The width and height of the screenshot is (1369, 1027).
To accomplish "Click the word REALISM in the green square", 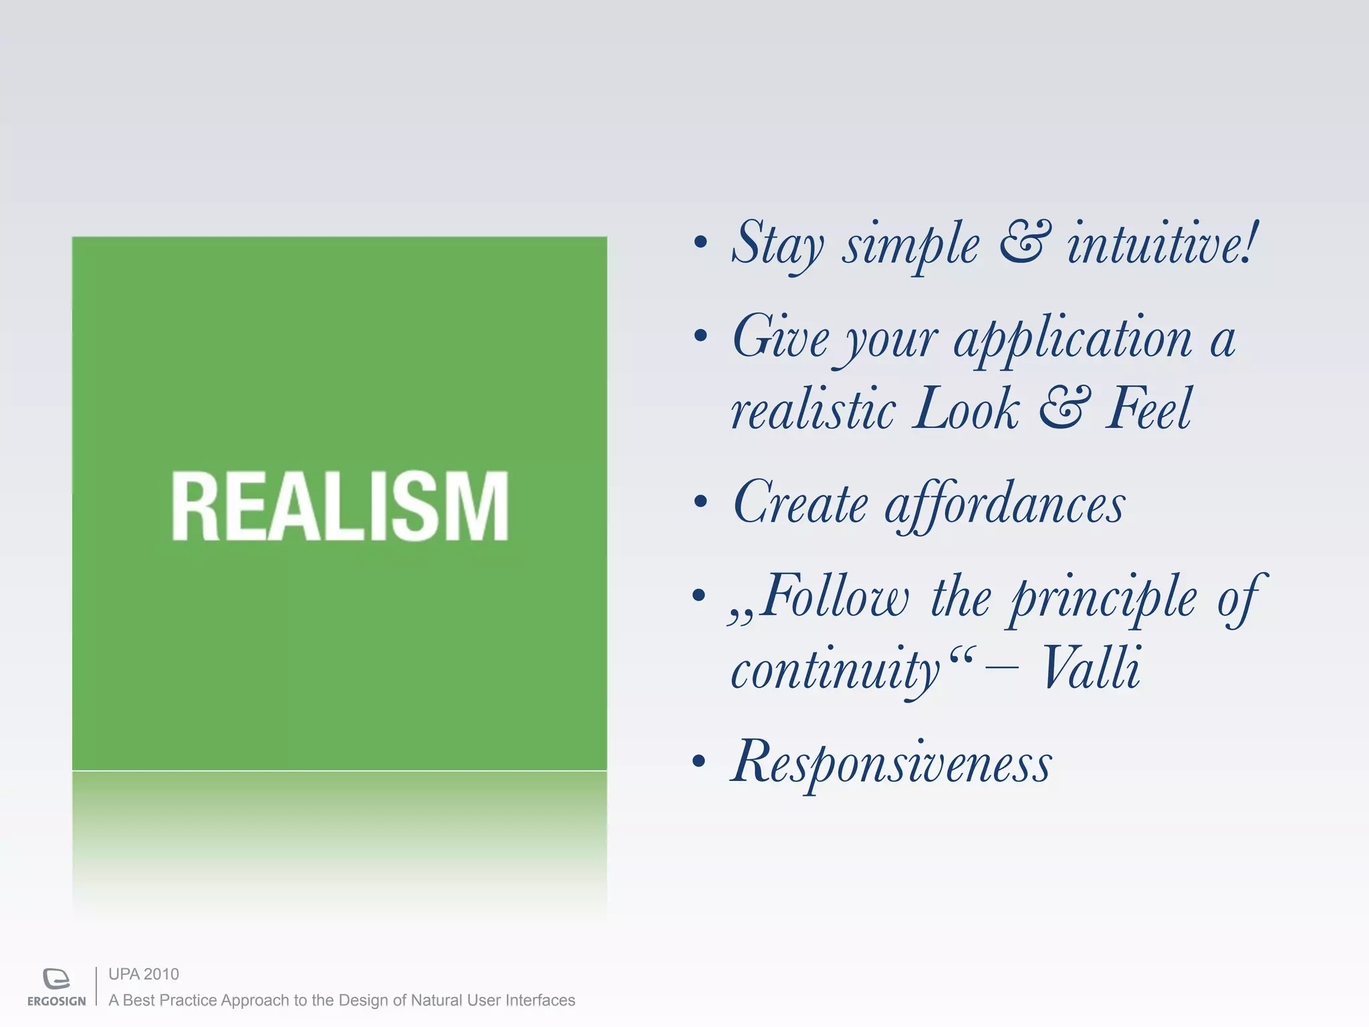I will click(340, 506).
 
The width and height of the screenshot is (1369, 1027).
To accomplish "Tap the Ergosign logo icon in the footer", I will click(56, 979).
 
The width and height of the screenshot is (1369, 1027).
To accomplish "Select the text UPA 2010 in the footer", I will click(144, 974).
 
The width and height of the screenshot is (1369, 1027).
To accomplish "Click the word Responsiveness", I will click(891, 764).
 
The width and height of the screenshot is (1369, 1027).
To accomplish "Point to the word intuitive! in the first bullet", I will click(1162, 244).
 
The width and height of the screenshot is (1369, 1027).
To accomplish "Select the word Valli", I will click(1090, 668).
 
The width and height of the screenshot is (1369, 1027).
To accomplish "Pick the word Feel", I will click(1148, 409).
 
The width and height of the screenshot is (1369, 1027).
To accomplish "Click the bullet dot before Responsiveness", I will click(699, 761).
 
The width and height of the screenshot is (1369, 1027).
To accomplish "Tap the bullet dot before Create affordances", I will click(700, 501).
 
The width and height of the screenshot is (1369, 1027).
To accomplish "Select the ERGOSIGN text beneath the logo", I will click(57, 1001).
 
